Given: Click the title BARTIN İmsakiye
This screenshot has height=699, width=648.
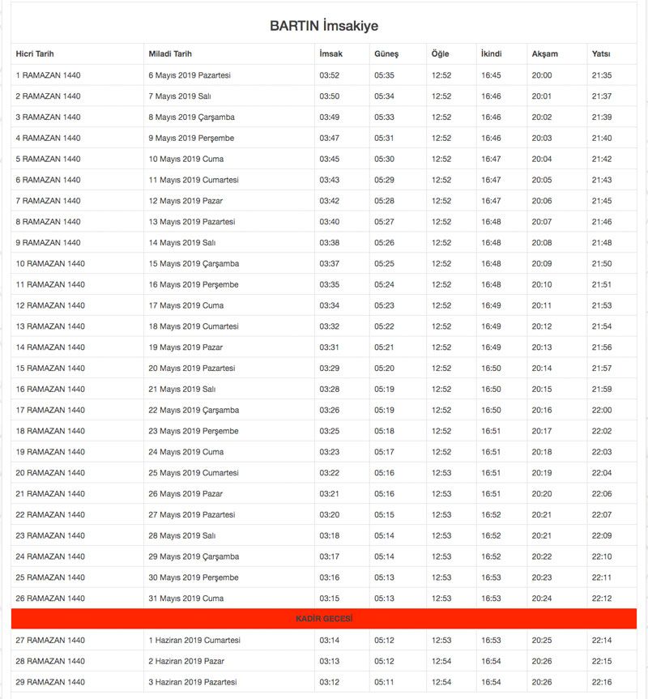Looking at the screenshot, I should pyautogui.click(x=324, y=26).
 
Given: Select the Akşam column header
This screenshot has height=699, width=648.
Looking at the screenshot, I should pyautogui.click(x=544, y=54).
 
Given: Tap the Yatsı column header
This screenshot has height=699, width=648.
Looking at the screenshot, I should pyautogui.click(x=601, y=54).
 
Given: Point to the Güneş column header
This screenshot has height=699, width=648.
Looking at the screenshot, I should pyautogui.click(x=386, y=54).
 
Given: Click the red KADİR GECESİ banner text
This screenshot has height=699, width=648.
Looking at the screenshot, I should pyautogui.click(x=324, y=619).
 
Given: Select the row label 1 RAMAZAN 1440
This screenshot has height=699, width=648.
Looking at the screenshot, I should pyautogui.click(x=48, y=75).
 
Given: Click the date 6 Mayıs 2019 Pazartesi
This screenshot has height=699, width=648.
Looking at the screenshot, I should pyautogui.click(x=190, y=75).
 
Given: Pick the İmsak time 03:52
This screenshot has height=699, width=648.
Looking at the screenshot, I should pyautogui.click(x=330, y=75).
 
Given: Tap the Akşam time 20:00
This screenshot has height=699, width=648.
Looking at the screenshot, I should pyautogui.click(x=542, y=75).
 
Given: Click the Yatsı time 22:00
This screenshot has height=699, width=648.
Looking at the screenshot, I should pyautogui.click(x=602, y=411).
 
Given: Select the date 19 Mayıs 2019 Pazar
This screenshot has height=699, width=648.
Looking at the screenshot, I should pyautogui.click(x=185, y=347).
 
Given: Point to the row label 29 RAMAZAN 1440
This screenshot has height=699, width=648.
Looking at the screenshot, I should pyautogui.click(x=50, y=682).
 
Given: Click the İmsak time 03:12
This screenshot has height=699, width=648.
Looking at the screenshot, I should pyautogui.click(x=330, y=682).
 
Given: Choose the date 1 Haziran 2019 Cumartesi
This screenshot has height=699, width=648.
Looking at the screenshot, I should pyautogui.click(x=194, y=640).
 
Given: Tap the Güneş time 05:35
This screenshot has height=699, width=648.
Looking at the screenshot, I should pyautogui.click(x=384, y=75).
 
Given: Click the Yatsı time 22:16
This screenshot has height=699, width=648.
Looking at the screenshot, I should pyautogui.click(x=602, y=682).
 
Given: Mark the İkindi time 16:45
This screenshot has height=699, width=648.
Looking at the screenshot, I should pyautogui.click(x=491, y=75).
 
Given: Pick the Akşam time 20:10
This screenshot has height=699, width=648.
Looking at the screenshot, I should pyautogui.click(x=542, y=284).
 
